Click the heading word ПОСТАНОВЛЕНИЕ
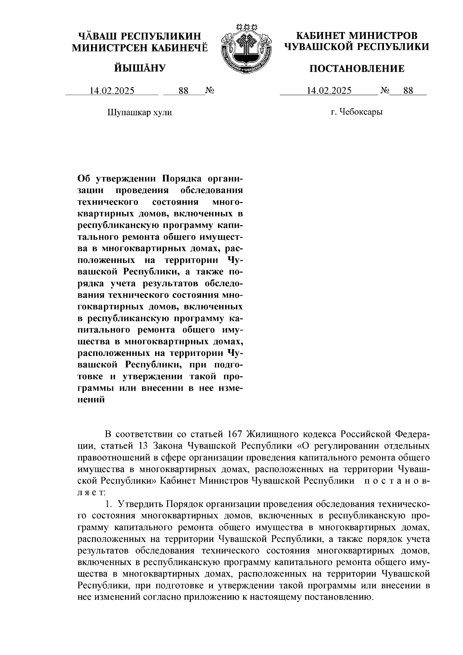click(357, 69)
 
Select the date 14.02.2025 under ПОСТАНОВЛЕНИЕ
click(329, 91)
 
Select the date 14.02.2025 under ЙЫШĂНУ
click(112, 91)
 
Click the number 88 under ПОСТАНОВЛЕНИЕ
click(408, 91)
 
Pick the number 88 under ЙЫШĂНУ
click(183, 91)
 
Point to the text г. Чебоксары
click(357, 112)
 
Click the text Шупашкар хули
click(139, 112)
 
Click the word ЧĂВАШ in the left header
click(98, 36)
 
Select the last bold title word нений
click(91, 399)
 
